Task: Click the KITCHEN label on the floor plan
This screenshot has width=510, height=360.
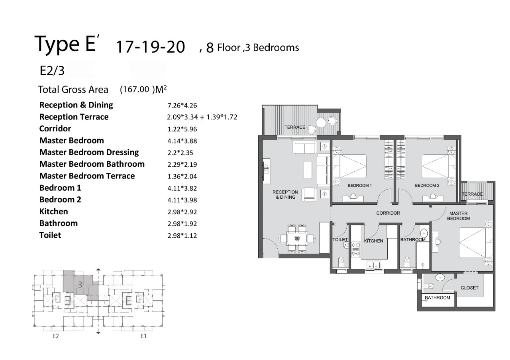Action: (x=373, y=241)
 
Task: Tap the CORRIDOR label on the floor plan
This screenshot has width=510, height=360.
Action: (x=388, y=213)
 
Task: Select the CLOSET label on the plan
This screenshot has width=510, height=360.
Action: (x=469, y=288)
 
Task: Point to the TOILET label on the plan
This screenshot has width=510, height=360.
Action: (x=340, y=239)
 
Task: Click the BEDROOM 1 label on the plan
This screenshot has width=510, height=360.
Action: (x=359, y=186)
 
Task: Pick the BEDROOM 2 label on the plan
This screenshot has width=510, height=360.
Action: (x=427, y=186)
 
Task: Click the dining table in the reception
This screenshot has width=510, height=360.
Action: (x=297, y=238)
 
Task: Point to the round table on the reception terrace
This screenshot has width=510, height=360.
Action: (x=322, y=123)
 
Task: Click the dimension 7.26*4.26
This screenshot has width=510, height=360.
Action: (x=182, y=106)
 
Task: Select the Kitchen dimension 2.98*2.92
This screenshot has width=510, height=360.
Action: (x=182, y=212)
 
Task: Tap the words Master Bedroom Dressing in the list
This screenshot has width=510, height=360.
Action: (x=89, y=152)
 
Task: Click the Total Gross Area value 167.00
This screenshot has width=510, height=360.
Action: (x=135, y=89)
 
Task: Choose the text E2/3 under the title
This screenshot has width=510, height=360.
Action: (x=52, y=70)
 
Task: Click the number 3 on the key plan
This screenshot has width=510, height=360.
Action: (x=80, y=284)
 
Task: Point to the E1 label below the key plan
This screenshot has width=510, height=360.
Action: (x=143, y=336)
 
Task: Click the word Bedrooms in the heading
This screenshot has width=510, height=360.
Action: (x=276, y=47)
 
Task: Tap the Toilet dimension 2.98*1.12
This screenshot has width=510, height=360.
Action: (x=182, y=235)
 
